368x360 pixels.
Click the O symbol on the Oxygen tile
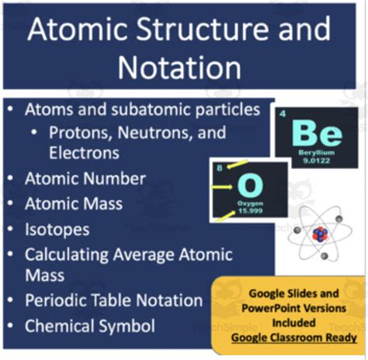point(250,185)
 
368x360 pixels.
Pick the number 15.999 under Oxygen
point(250,211)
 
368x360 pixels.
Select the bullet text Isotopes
point(57,230)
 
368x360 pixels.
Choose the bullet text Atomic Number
point(85,179)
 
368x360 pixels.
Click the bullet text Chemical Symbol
point(89,326)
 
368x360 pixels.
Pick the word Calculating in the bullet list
point(66,254)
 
